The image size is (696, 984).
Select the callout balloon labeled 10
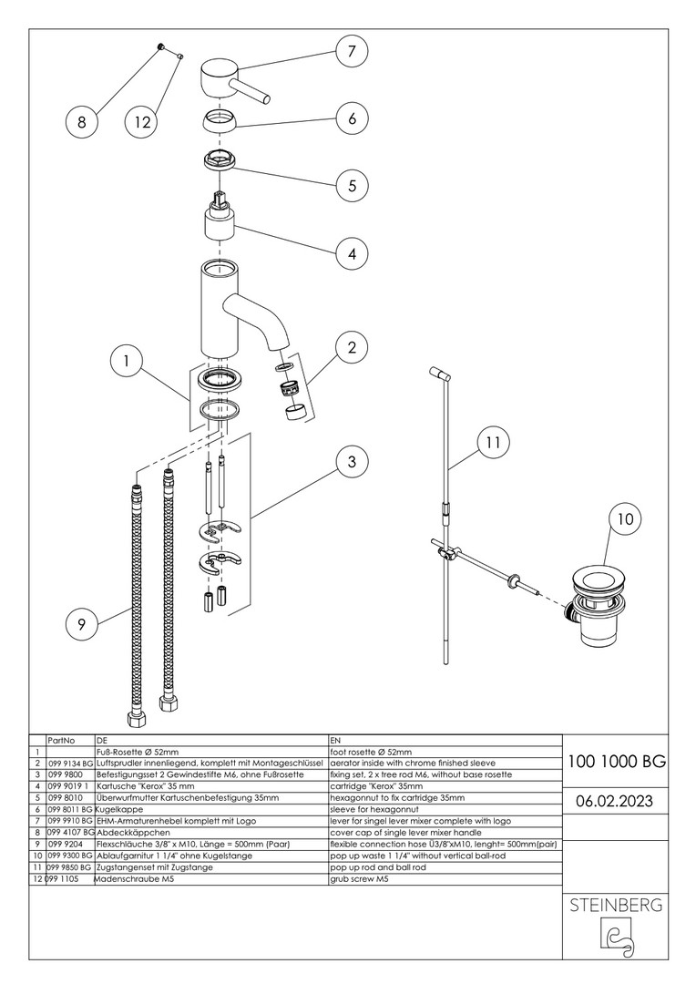point(624,520)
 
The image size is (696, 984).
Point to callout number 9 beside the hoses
point(82,624)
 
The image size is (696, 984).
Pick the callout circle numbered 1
point(127,362)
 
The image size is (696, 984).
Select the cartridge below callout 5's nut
point(221,224)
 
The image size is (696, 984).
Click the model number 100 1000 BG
point(616,762)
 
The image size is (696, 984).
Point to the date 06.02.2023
point(616,801)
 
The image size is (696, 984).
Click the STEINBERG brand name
point(616,906)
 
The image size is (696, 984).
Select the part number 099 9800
point(64,774)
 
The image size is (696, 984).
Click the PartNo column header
point(61,741)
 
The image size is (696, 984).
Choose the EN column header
point(335,741)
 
